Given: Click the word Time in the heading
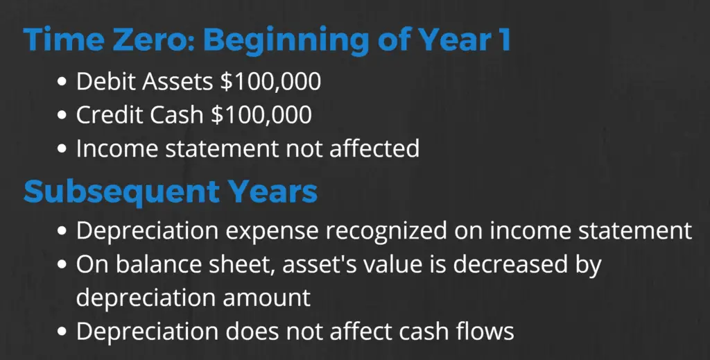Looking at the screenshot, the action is coord(63,40).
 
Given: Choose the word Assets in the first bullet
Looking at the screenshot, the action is coord(177,82).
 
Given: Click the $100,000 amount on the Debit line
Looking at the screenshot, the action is coord(270,82).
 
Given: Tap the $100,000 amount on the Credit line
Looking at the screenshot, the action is coord(261,115).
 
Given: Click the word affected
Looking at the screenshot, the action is coord(374,148).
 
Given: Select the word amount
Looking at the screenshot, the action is coord(266,298).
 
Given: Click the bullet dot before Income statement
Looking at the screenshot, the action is coord(62,149).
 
